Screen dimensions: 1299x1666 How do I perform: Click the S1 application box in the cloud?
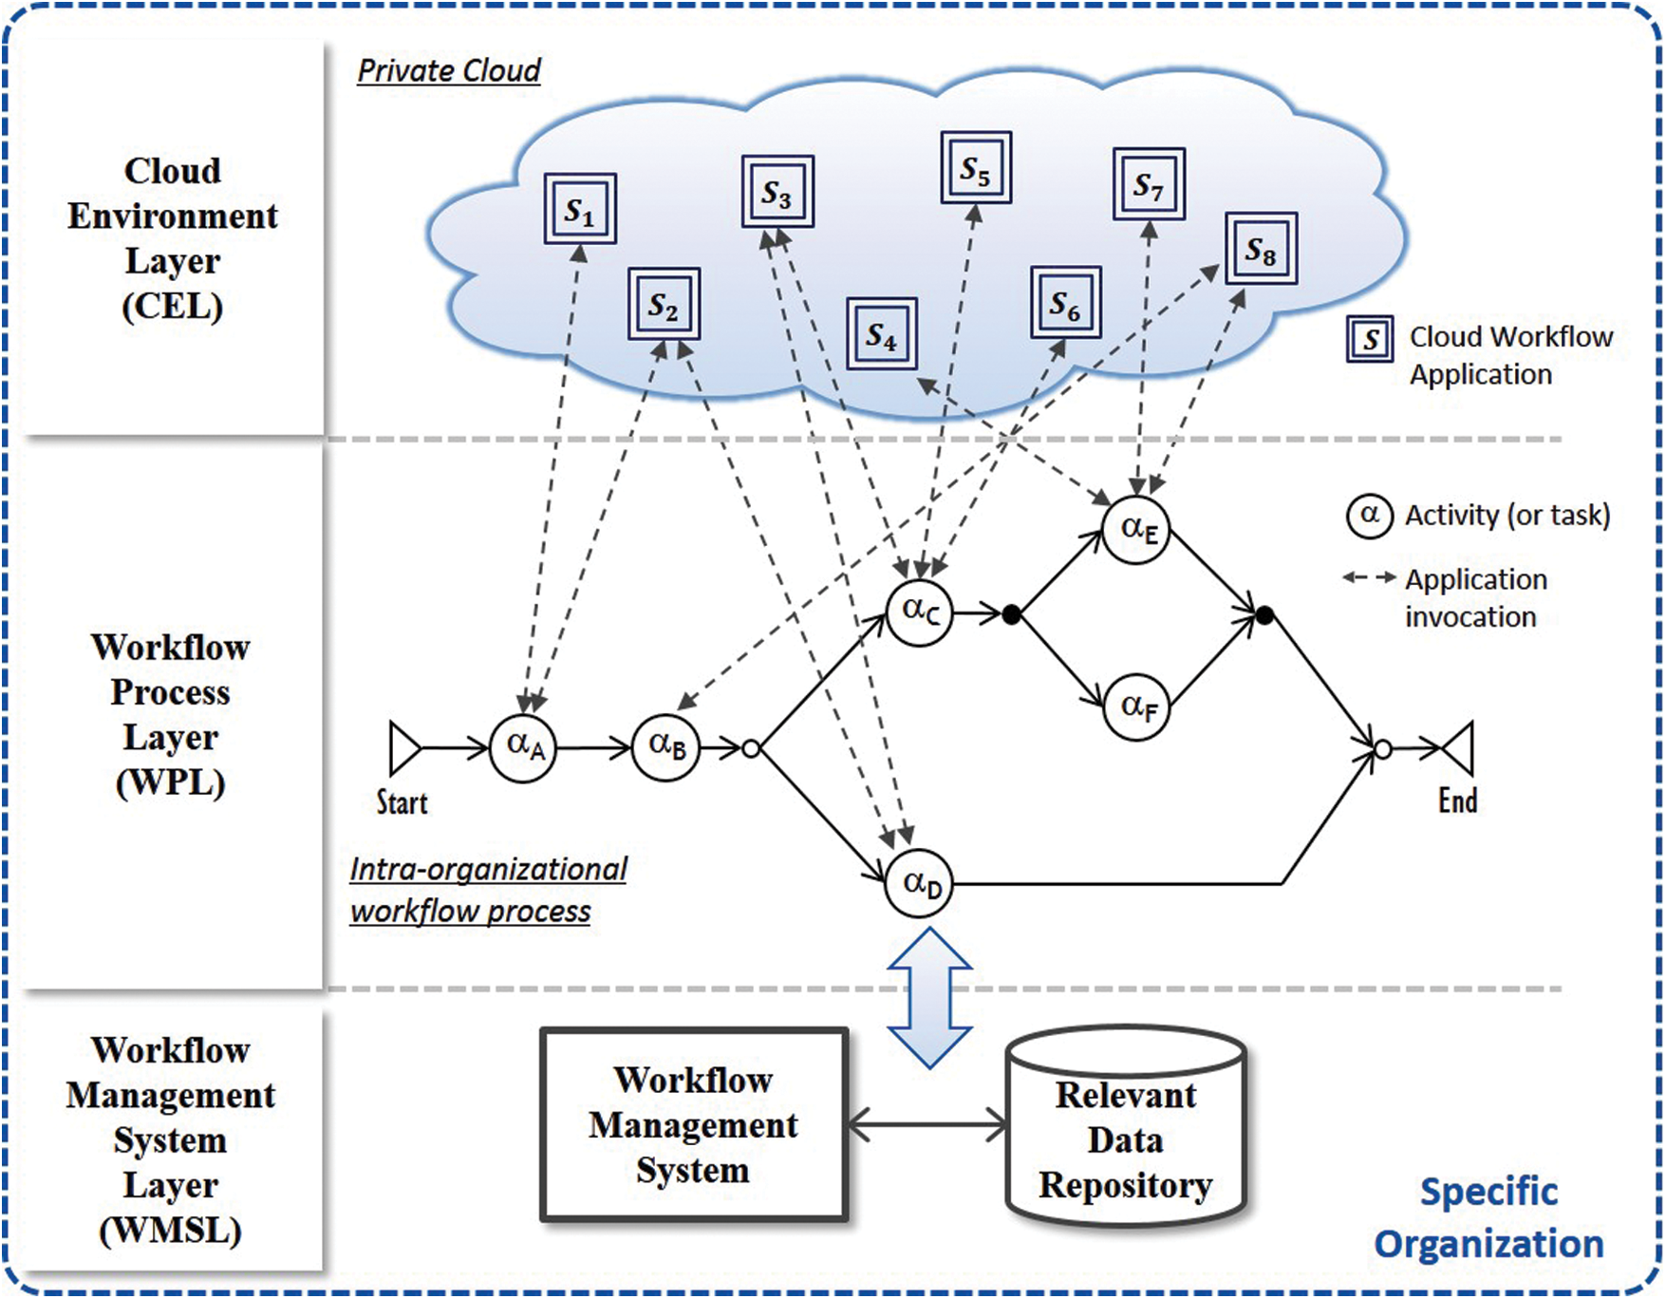[580, 209]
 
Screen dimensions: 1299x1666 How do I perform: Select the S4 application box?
[882, 334]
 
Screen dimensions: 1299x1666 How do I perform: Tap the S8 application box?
[1261, 249]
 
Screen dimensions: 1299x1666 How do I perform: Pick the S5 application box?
[976, 168]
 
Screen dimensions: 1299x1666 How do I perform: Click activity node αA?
[523, 747]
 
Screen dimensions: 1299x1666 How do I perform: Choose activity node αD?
[919, 884]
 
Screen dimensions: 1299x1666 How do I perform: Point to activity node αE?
[1136, 530]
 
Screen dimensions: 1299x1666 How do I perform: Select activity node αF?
[1136, 706]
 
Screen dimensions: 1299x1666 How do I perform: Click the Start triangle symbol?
[404, 748]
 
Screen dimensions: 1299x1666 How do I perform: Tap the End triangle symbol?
[1459, 749]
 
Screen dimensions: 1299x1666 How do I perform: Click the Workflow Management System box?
[694, 1124]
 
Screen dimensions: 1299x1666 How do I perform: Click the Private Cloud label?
[449, 71]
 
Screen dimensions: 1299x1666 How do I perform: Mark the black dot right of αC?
[1012, 615]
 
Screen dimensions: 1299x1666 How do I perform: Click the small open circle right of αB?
[751, 749]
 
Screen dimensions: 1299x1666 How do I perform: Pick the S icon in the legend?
[1370, 339]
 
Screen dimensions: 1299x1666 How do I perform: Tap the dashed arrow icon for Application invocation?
[1369, 577]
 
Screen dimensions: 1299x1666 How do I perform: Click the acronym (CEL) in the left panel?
[173, 306]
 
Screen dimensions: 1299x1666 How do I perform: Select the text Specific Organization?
[1488, 1217]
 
